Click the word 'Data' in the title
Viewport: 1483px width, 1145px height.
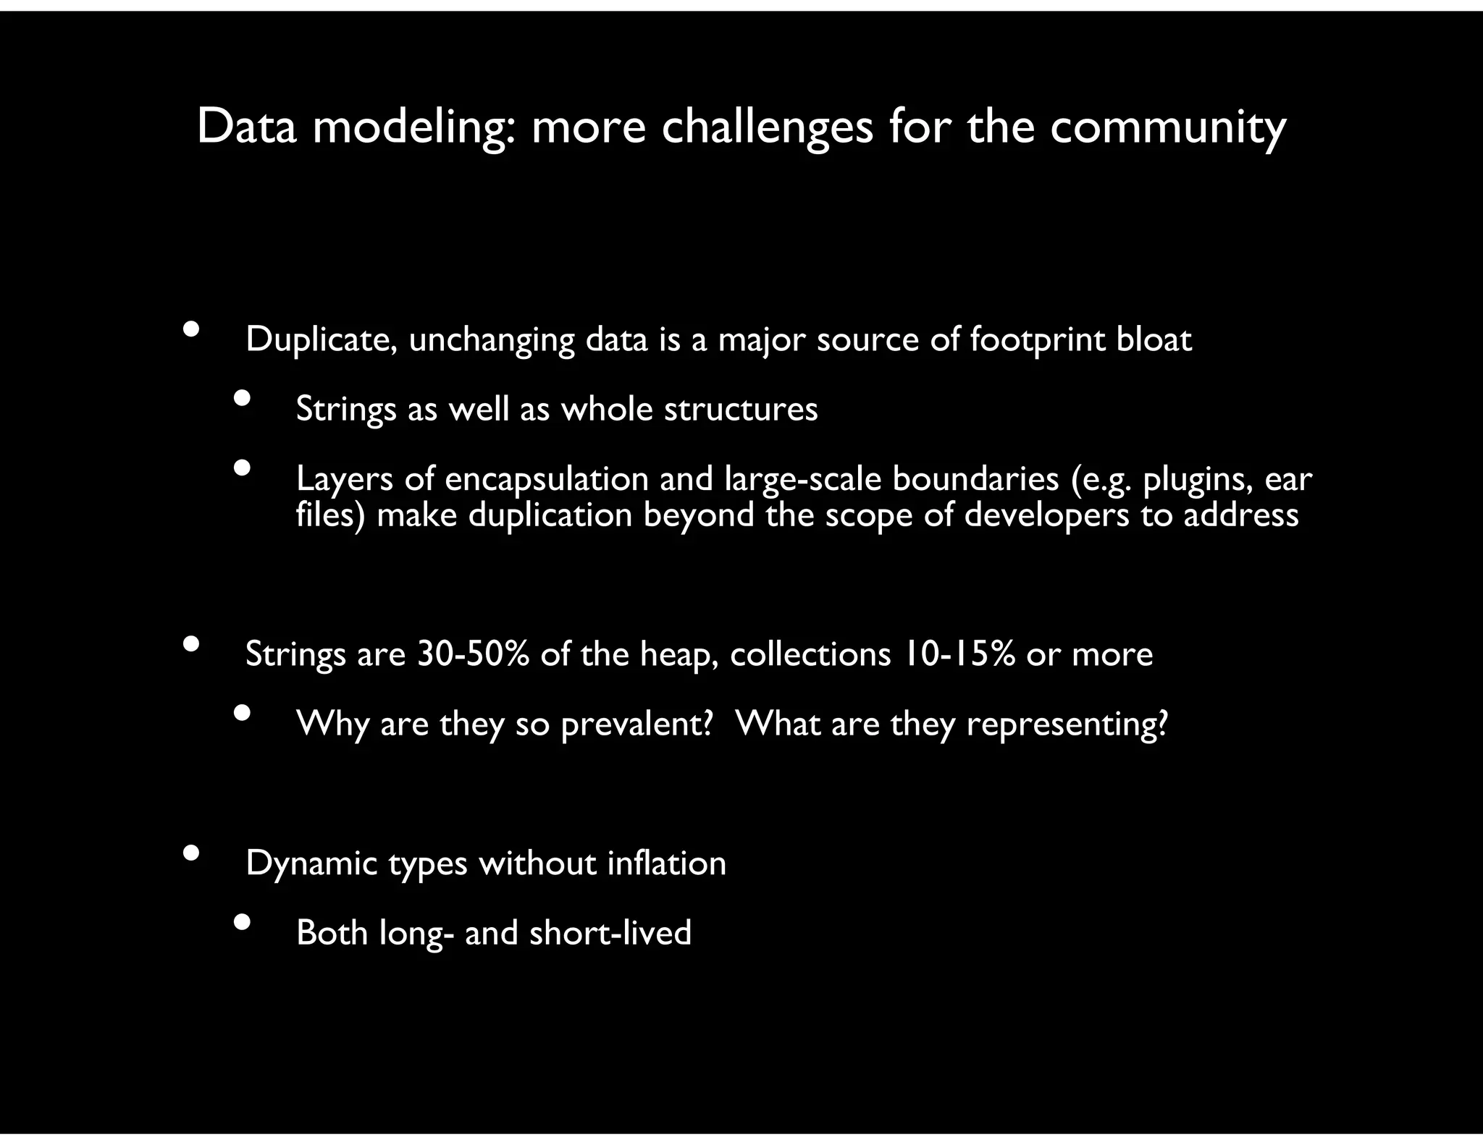pos(247,127)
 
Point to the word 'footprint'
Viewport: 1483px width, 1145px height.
pos(1037,340)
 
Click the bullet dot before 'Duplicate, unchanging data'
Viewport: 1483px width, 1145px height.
pos(191,329)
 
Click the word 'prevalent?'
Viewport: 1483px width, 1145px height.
pos(637,724)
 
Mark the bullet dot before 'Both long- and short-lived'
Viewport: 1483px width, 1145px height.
pos(242,921)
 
